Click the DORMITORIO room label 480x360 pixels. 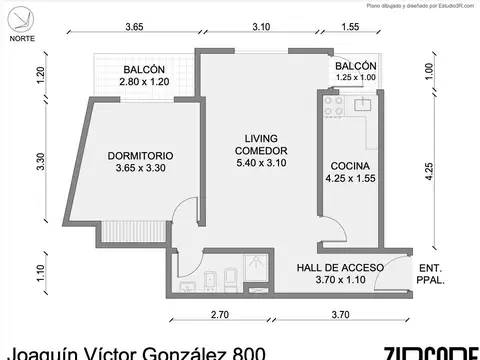[x=140, y=156]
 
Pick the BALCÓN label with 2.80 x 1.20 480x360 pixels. [x=145, y=70]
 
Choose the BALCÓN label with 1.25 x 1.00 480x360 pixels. [x=356, y=64]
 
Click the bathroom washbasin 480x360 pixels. [x=185, y=288]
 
